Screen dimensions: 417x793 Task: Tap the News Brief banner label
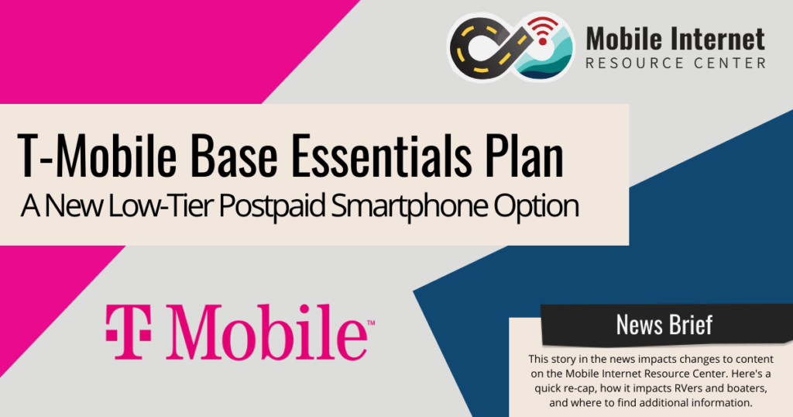click(x=664, y=325)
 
